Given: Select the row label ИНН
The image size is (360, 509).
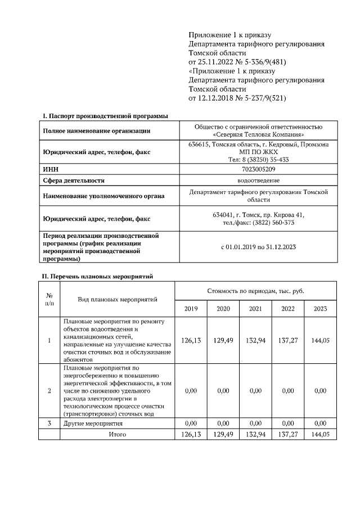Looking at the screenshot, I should pyautogui.click(x=51, y=169).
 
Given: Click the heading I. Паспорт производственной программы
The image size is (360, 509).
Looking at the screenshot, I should pyautogui.click(x=106, y=116).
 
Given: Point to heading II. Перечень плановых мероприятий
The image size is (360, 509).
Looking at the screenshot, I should pyautogui.click(x=98, y=276).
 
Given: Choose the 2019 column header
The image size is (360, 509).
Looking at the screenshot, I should pyautogui.click(x=191, y=308).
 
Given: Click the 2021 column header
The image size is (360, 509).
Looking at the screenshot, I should pyautogui.click(x=256, y=308).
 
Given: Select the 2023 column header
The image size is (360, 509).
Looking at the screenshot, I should pyautogui.click(x=320, y=308).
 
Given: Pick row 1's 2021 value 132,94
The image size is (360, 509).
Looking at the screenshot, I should pyautogui.click(x=256, y=341).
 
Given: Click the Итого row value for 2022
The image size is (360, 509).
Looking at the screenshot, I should pyautogui.click(x=288, y=434).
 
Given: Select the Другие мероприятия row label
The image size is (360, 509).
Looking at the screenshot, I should pyautogui.click(x=93, y=423).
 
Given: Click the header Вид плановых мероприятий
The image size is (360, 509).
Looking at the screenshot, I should pyautogui.click(x=117, y=299).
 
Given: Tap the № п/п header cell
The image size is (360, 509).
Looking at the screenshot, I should pyautogui.click(x=49, y=299).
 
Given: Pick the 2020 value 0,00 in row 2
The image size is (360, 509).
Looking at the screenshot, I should pyautogui.click(x=223, y=390).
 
